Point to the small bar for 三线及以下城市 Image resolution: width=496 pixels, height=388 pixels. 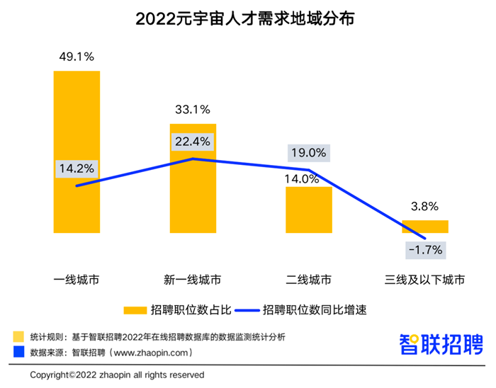coord(425,226)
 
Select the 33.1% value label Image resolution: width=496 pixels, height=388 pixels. coord(192,109)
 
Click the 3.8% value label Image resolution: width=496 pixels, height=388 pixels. coord(425,207)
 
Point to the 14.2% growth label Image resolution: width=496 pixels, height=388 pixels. coord(77,169)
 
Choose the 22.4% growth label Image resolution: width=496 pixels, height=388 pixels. coord(193,142)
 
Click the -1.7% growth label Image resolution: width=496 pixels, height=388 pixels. coord(425,249)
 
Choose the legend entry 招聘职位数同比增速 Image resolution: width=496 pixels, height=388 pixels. coord(304,309)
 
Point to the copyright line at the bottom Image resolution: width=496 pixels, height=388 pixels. coord(117,374)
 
